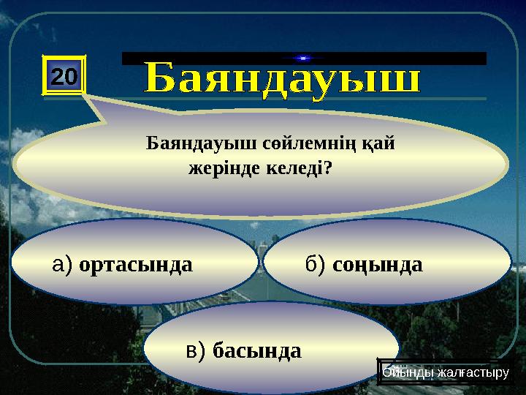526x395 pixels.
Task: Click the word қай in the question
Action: coord(383,144)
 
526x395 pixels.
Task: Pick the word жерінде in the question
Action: coord(220,169)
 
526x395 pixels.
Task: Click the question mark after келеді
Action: coord(328,169)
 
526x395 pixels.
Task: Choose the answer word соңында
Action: coord(378,265)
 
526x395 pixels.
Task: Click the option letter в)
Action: coord(197,351)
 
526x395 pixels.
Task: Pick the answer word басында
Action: coord(256,351)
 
